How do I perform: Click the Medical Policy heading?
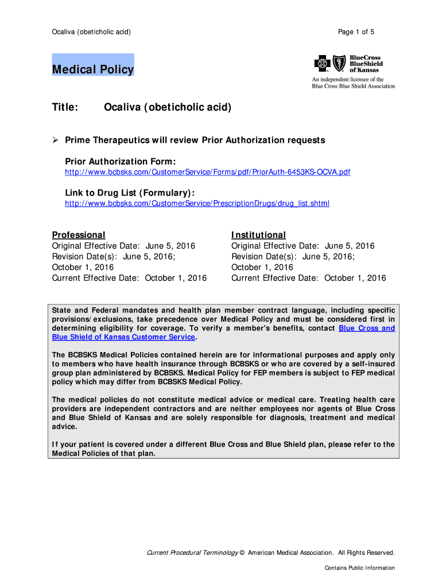click(93, 70)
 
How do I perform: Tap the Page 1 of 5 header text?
click(356, 32)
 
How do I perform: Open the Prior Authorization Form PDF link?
click(207, 172)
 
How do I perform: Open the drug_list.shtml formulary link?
click(197, 203)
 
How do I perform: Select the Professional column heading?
click(79, 235)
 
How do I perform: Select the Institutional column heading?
click(258, 235)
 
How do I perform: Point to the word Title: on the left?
click(65, 108)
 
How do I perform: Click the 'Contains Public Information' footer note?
click(359, 568)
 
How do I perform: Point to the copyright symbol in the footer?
click(242, 553)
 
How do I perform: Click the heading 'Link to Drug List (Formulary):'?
click(130, 193)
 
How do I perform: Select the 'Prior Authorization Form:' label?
click(120, 162)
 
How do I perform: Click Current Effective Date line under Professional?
click(129, 278)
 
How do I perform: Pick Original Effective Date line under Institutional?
click(303, 246)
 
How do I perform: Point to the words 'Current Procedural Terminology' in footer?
click(192, 553)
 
